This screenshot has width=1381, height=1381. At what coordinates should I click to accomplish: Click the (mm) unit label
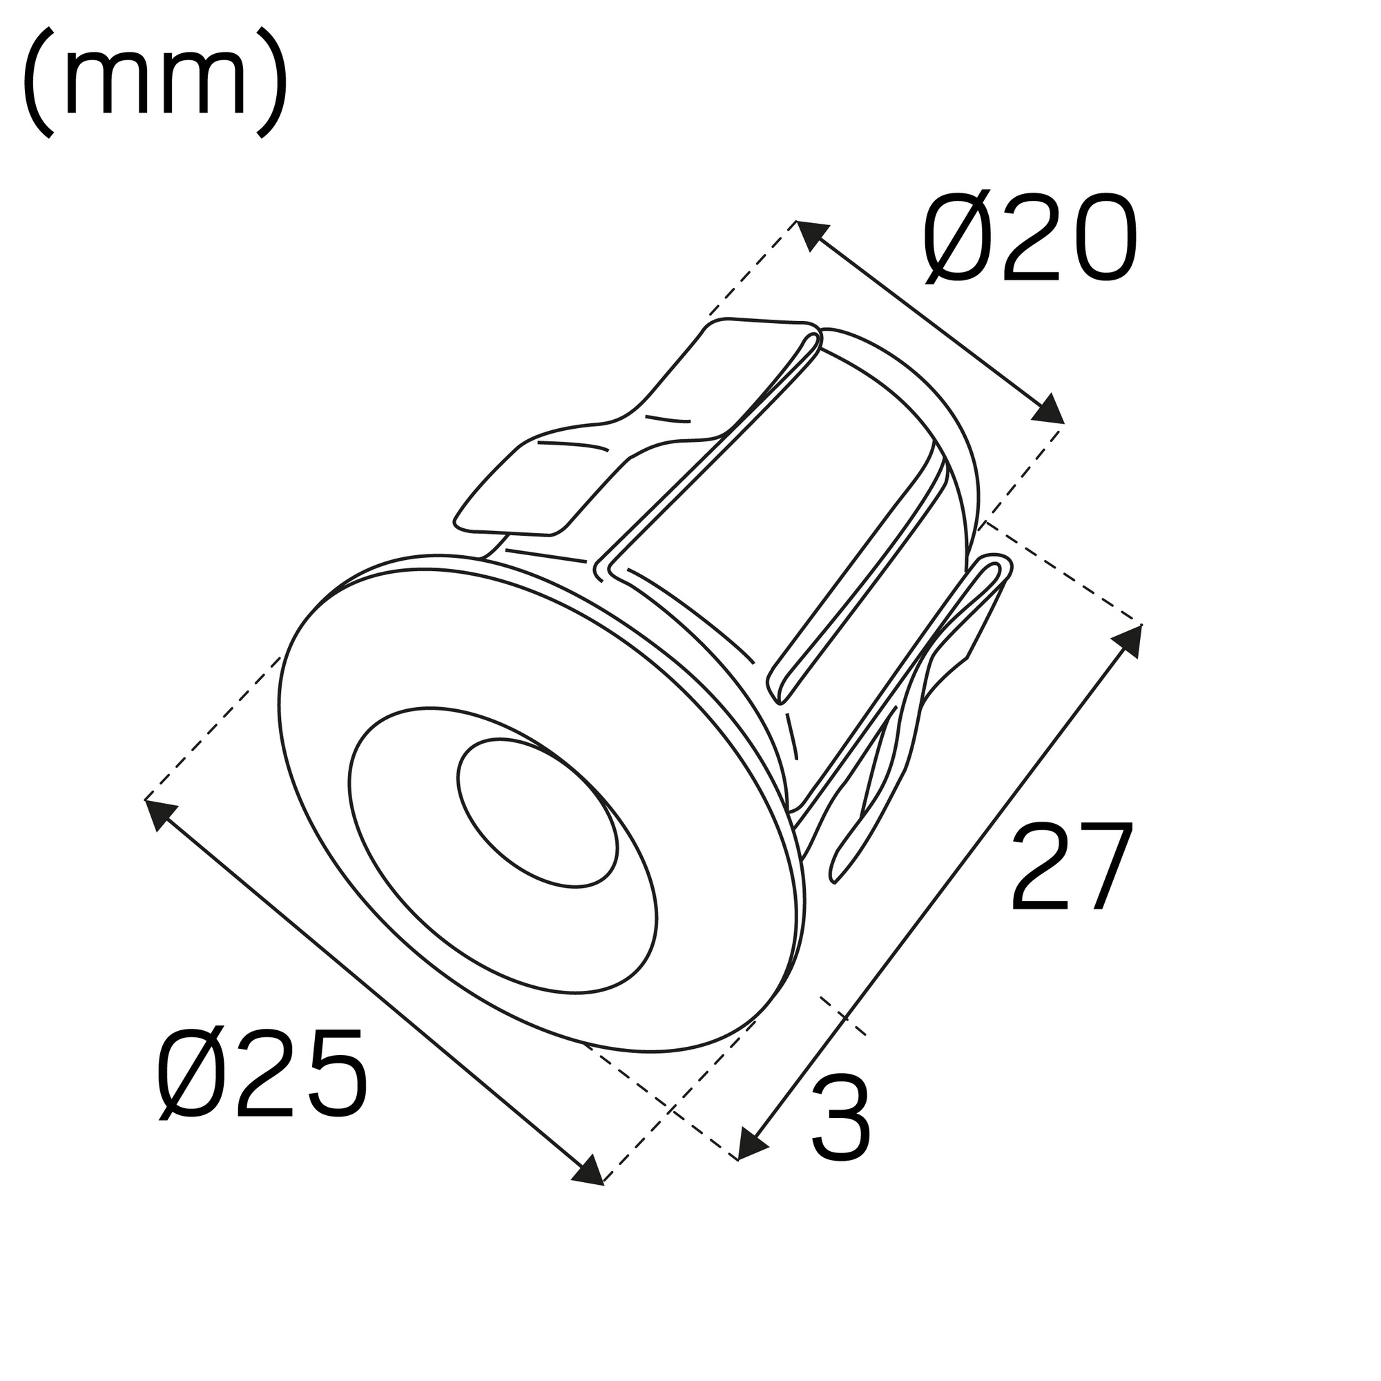pos(155,82)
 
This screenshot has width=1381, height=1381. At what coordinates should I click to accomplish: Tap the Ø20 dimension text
pos(1030,238)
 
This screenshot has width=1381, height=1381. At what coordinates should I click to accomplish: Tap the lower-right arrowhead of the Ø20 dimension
pos(1048,410)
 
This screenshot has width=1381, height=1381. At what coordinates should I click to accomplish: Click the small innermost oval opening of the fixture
pos(537,813)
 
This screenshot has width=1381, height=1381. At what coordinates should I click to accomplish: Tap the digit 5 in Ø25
pos(334,1074)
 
